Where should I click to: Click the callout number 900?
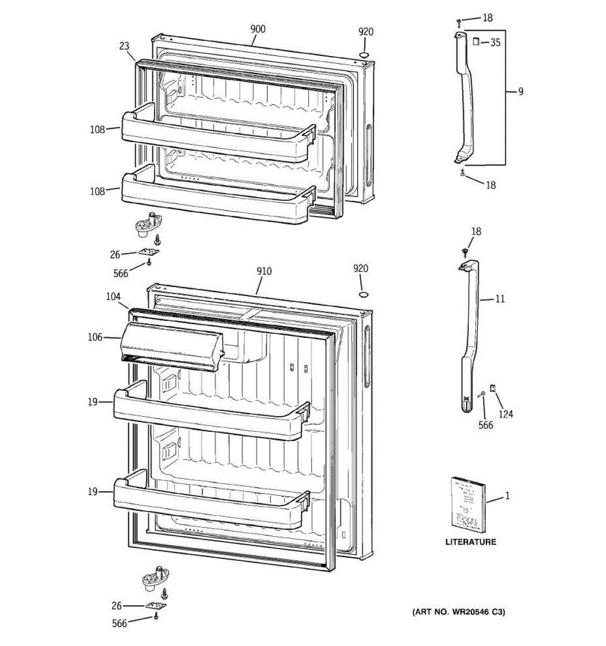pyautogui.click(x=258, y=29)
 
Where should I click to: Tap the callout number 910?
pyautogui.click(x=264, y=271)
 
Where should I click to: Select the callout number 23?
pyautogui.click(x=124, y=46)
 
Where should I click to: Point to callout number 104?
pyautogui.click(x=113, y=297)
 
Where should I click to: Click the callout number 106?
pyautogui.click(x=95, y=338)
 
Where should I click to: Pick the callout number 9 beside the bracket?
pyautogui.click(x=520, y=92)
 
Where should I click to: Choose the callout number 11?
pyautogui.click(x=500, y=298)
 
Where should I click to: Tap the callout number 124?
pyautogui.click(x=505, y=414)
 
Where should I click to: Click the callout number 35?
pyautogui.click(x=495, y=43)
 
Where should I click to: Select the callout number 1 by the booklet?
pyautogui.click(x=507, y=496)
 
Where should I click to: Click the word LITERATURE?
pyautogui.click(x=470, y=542)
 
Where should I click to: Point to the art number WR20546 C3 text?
pyautogui.click(x=458, y=612)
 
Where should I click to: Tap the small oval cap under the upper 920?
pyautogui.click(x=365, y=55)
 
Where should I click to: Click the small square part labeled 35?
pyautogui.click(x=476, y=41)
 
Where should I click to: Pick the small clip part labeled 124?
pyautogui.click(x=492, y=388)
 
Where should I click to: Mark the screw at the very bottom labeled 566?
pyautogui.click(x=156, y=617)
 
